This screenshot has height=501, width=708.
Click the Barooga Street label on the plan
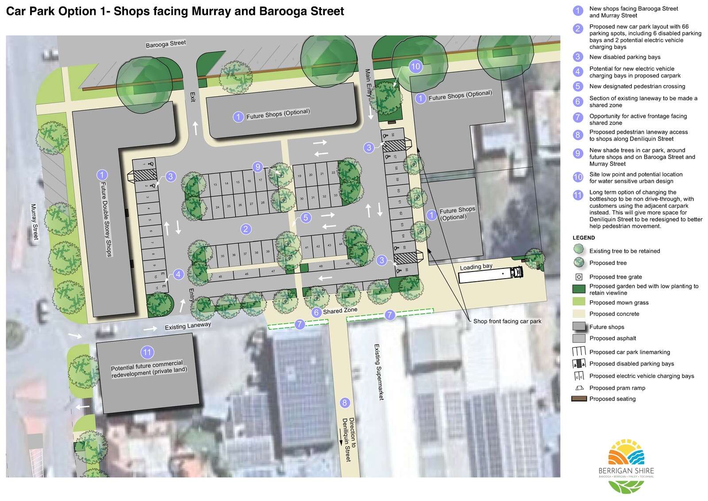166,44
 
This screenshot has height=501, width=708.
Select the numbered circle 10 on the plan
415,67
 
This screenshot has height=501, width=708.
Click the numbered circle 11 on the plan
147,353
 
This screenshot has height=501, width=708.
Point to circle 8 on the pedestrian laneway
344,403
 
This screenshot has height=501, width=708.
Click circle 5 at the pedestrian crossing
305,217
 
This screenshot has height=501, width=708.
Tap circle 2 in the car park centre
246,229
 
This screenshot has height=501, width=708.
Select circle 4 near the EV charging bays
178,274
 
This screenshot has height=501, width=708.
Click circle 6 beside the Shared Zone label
316,312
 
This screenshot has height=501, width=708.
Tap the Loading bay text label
476,267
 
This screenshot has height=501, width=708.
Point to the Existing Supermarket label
378,372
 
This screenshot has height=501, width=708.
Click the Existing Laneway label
188,326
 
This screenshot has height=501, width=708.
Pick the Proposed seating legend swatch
579,399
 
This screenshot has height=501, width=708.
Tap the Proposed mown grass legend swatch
579,303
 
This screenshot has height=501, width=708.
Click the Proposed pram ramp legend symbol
579,388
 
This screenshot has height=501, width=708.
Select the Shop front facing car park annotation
507,321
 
